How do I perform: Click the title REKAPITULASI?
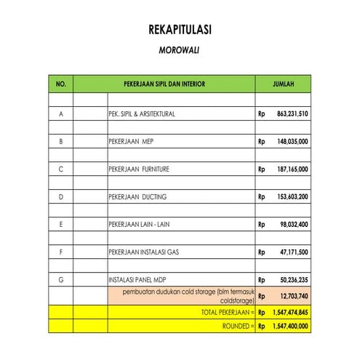pyautogui.click(x=180, y=31)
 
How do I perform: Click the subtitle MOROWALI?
pyautogui.click(x=180, y=52)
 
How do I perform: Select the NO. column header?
pyautogui.click(x=60, y=84)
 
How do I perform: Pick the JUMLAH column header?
pyautogui.click(x=283, y=84)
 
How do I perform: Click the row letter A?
pyautogui.click(x=60, y=114)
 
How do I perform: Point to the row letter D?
pyautogui.click(x=60, y=196)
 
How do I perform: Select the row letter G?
pyautogui.click(x=60, y=279)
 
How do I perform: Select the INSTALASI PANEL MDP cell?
pyautogui.click(x=138, y=279)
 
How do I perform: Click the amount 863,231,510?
pyautogui.click(x=293, y=114)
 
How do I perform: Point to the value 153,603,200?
pyautogui.click(x=293, y=196)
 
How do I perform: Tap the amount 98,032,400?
pyautogui.click(x=295, y=224)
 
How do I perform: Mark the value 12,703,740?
pyautogui.click(x=295, y=296)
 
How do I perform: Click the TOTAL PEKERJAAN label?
pyautogui.click(x=227, y=311)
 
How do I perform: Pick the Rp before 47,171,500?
pyautogui.click(x=261, y=252)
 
